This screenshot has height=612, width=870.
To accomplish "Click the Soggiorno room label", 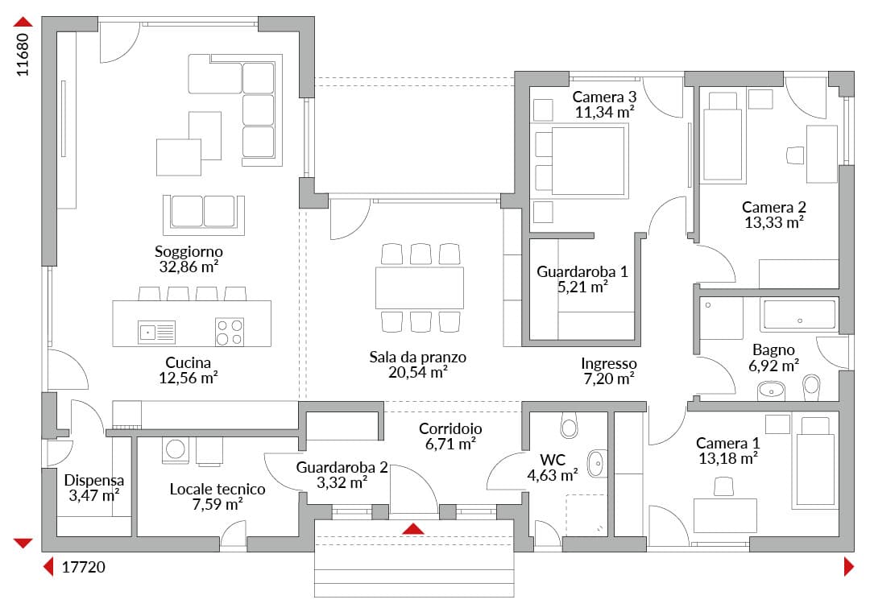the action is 188,251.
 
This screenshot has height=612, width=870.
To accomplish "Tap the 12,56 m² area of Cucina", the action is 188,378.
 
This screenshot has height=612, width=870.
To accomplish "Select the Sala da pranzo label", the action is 418,358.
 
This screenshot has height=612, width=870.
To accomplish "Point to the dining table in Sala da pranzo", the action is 420,288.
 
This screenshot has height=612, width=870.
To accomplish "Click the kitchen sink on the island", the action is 156,332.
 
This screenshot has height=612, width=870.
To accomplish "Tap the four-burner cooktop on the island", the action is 230,332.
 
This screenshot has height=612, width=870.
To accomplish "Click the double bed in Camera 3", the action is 580,161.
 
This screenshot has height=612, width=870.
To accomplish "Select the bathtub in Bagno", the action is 800,315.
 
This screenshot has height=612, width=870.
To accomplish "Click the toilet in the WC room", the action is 570,425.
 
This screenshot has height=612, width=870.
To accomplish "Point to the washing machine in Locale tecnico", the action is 176,449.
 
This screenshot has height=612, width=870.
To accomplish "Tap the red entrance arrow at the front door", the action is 413,528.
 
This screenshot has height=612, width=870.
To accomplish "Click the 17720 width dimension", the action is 83,567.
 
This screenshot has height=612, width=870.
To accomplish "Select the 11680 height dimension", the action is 23,55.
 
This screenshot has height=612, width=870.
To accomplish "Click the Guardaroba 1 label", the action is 582,272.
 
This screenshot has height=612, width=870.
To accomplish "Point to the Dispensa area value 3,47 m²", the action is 94,495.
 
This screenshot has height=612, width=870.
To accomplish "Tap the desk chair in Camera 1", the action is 723,486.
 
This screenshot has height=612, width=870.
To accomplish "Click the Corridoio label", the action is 450,428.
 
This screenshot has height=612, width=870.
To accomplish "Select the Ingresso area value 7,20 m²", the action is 609,379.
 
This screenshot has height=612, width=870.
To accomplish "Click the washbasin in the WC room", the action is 597,463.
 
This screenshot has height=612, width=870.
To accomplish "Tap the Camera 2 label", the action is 774,208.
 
